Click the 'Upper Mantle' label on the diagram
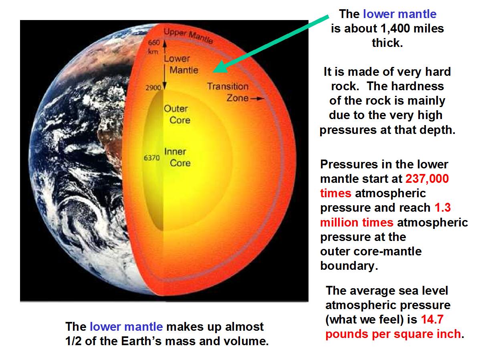click(188, 36)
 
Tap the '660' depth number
click(154, 42)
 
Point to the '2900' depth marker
click(153, 88)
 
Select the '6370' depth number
click(152, 158)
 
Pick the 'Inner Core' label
click(177, 157)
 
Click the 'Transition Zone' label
click(228, 92)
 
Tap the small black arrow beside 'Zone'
click(257, 99)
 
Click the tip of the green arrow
click(213, 72)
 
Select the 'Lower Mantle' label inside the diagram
click(181, 64)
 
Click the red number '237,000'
click(427, 179)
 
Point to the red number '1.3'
click(443, 207)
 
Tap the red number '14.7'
click(432, 320)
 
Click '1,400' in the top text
click(395, 28)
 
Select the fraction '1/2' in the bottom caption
click(73, 341)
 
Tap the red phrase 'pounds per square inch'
click(393, 334)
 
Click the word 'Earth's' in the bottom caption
click(141, 341)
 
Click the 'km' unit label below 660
click(153, 51)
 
